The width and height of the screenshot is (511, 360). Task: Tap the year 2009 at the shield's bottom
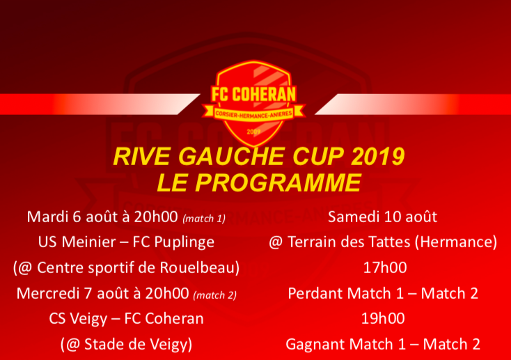pos(253,132)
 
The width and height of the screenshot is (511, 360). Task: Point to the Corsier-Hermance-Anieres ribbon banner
pos(253,114)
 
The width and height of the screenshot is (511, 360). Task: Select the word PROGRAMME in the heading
pos(278,182)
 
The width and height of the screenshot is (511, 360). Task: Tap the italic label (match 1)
pos(204,219)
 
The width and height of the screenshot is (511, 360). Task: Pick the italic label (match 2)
pos(214,295)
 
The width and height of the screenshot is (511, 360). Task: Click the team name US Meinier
pos(77,242)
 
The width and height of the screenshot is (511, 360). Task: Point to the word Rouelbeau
pos(200,267)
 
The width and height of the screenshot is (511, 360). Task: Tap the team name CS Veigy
pos(78,319)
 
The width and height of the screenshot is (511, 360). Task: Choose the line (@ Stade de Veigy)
pos(126,345)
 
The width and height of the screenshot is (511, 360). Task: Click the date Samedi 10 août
pos(382,217)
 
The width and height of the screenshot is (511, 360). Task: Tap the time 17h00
pos(385,267)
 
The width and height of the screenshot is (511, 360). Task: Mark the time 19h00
pos(383,319)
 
